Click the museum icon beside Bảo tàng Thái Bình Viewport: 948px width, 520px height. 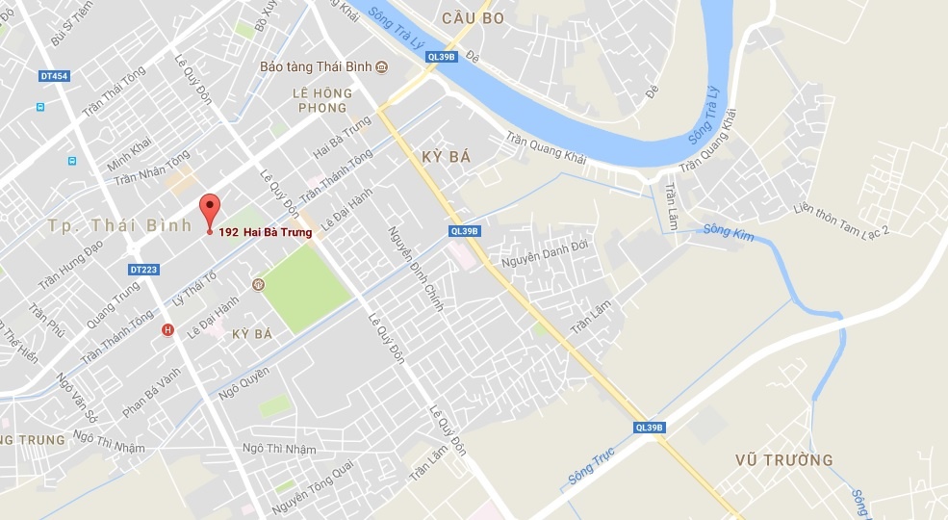tap(382, 66)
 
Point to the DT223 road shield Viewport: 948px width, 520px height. tap(141, 270)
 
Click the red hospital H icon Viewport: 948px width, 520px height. tap(168, 330)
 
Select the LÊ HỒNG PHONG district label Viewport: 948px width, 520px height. tap(322, 101)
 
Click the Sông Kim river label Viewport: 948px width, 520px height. tap(725, 230)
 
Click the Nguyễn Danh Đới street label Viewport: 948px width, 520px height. tap(544, 252)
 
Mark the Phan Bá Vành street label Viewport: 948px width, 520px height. tap(151, 391)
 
